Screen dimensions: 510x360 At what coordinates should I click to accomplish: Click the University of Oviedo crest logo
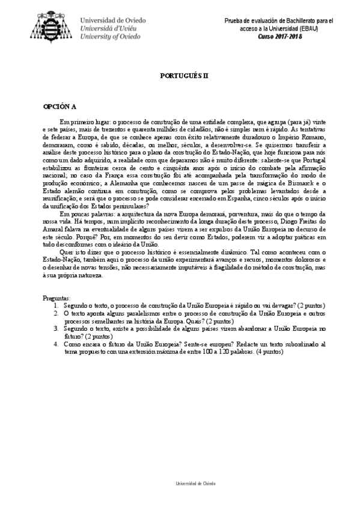(x=55, y=27)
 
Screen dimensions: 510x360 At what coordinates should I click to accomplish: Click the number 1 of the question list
(x=56, y=306)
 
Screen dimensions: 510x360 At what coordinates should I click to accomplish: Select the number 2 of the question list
(x=56, y=314)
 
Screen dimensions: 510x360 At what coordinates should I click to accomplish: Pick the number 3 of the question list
(x=56, y=330)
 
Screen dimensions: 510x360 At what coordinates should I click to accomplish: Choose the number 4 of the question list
(x=56, y=345)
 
